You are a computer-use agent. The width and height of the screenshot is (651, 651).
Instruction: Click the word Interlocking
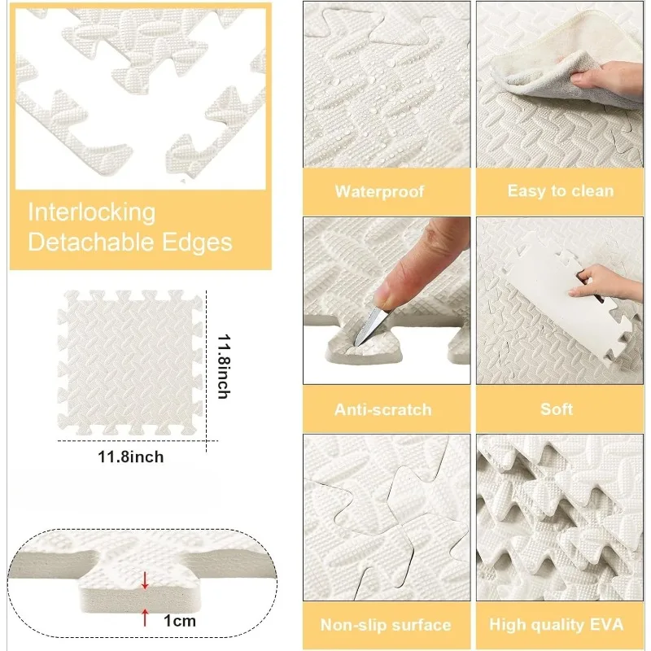(92, 213)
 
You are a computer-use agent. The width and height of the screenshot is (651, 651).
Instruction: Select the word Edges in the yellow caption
(197, 242)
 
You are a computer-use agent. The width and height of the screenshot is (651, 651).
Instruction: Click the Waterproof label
(379, 191)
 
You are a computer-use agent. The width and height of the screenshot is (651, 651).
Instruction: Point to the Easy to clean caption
(561, 191)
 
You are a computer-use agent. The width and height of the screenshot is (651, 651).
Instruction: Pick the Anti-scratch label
(382, 410)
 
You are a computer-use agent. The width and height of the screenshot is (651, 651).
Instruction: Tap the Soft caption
(557, 409)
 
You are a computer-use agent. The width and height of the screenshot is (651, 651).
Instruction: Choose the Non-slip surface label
(386, 624)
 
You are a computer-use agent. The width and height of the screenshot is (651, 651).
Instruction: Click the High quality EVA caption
(557, 624)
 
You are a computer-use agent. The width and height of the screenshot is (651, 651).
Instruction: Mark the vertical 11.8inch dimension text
(223, 366)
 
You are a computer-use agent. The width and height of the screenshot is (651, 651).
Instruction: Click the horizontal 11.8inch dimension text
(131, 457)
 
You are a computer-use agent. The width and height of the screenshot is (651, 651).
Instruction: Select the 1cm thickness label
(179, 621)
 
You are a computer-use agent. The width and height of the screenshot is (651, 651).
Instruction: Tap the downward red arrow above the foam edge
(145, 580)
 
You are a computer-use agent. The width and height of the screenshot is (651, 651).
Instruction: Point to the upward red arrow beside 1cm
(145, 617)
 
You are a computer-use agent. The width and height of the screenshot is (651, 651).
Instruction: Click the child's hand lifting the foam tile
(601, 282)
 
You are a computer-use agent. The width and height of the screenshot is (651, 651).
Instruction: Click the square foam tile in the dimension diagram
(130, 363)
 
